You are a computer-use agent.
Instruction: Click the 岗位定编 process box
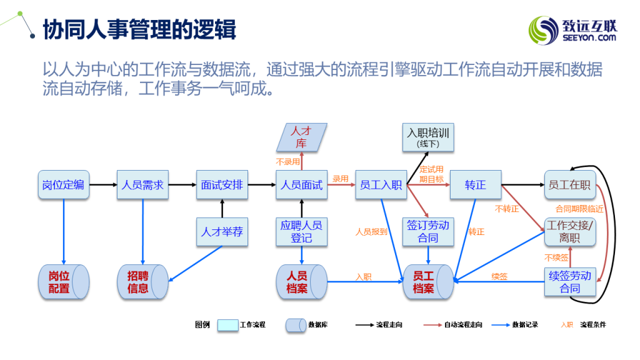click(x=63, y=185)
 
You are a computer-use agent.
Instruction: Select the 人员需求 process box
click(x=142, y=185)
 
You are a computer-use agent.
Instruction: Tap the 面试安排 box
click(x=222, y=185)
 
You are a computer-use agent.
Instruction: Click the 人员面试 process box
click(x=301, y=185)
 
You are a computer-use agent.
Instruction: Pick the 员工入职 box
click(x=381, y=185)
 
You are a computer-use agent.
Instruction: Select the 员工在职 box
click(x=569, y=185)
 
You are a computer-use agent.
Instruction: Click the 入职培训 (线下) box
click(x=428, y=137)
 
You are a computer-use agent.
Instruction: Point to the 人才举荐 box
click(x=222, y=232)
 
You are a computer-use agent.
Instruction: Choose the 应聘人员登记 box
click(x=301, y=232)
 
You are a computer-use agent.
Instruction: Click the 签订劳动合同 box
click(x=428, y=232)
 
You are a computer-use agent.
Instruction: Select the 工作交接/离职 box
click(x=569, y=232)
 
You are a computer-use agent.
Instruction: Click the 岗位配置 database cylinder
click(x=63, y=282)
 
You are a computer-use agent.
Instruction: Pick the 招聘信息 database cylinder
click(x=142, y=282)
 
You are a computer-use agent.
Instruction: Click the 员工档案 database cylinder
click(x=427, y=282)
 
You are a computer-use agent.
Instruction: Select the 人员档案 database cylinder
click(x=301, y=282)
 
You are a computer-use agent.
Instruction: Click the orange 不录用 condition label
click(x=288, y=161)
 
